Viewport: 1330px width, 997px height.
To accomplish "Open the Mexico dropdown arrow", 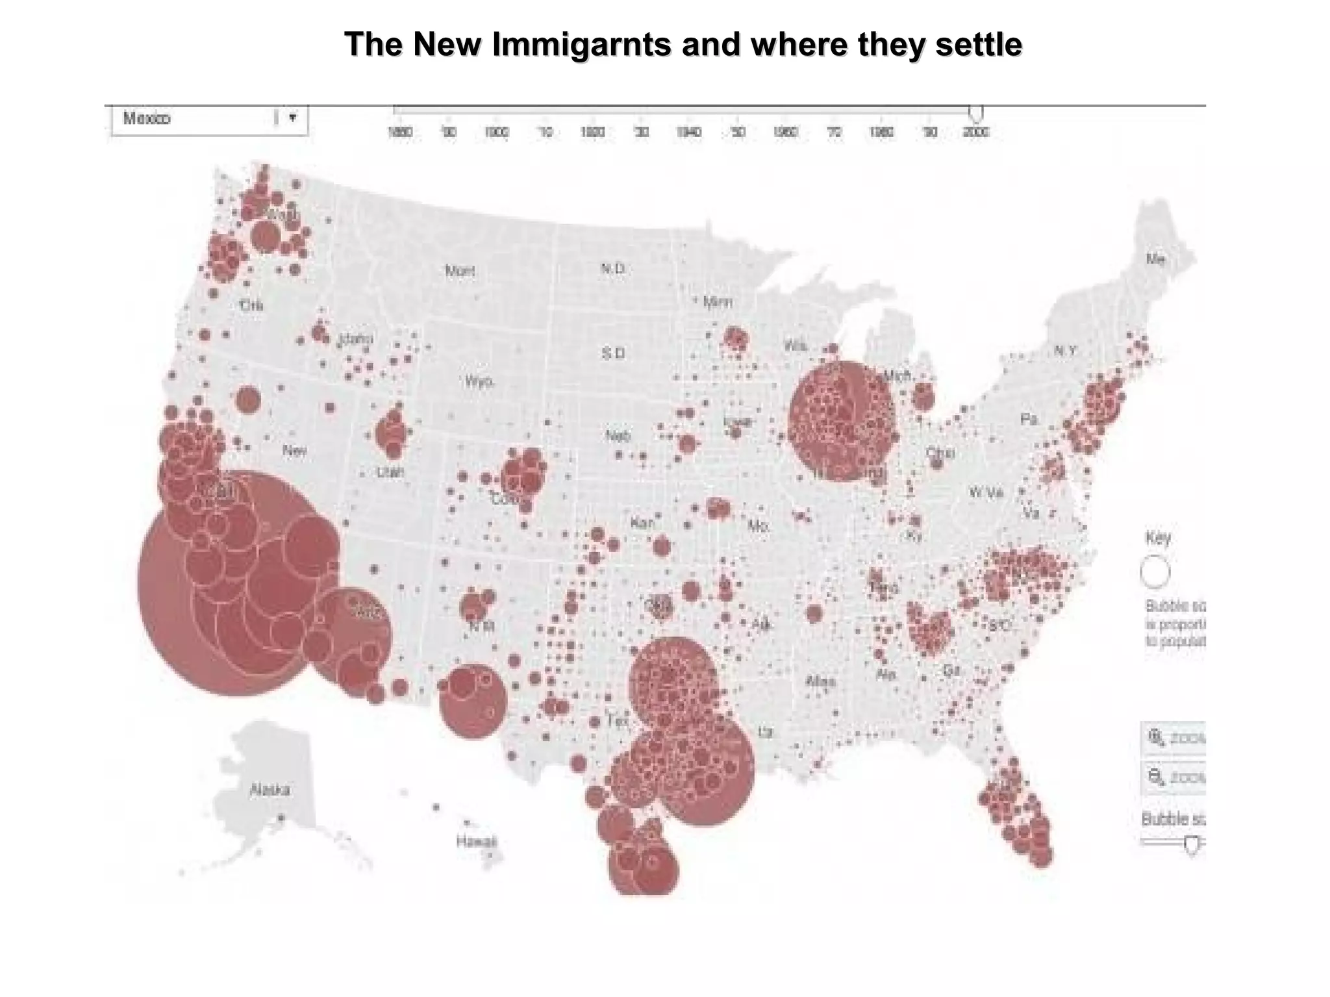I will pos(293,118).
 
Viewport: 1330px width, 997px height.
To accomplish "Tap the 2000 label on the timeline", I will pos(975,133).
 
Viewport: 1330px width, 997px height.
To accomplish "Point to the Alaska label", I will pos(270,790).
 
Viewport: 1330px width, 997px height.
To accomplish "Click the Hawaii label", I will pos(476,842).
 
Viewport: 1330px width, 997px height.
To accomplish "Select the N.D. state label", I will pos(612,268).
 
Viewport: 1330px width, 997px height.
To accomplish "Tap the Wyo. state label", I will pos(479,381).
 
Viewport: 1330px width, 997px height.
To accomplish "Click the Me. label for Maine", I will pos(1155,259).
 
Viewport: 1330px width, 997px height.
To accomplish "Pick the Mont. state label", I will pos(460,270).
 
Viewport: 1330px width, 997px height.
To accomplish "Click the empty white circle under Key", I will pos(1155,572).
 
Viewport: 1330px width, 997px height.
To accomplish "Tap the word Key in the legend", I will pos(1157,538).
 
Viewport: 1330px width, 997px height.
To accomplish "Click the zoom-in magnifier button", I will pos(1157,738).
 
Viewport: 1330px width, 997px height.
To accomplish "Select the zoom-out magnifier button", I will pos(1157,777).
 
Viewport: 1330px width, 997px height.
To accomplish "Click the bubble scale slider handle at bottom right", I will pos(1191,844).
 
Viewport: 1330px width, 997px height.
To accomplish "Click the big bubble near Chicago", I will pos(842,421).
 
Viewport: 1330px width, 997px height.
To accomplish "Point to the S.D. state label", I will pos(612,353).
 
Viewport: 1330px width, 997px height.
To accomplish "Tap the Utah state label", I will pos(390,472).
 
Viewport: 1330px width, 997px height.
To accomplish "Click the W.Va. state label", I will pos(986,492).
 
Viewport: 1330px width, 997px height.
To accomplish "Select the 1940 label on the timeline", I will pos(689,133).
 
